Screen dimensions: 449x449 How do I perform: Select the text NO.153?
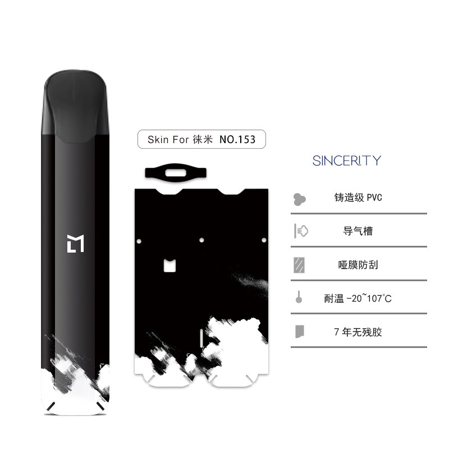click(x=237, y=139)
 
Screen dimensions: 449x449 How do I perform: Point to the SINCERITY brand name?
click(x=347, y=161)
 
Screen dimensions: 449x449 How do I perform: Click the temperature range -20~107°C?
click(x=369, y=298)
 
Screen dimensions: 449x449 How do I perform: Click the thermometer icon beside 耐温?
click(x=299, y=297)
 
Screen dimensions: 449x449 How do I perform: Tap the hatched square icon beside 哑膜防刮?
click(x=299, y=264)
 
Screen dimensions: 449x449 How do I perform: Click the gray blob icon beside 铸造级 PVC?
click(x=300, y=198)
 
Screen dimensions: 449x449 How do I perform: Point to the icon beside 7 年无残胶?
click(x=299, y=331)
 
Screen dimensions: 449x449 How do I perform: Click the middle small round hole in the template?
click(x=201, y=241)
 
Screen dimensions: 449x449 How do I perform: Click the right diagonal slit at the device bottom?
click(x=100, y=406)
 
